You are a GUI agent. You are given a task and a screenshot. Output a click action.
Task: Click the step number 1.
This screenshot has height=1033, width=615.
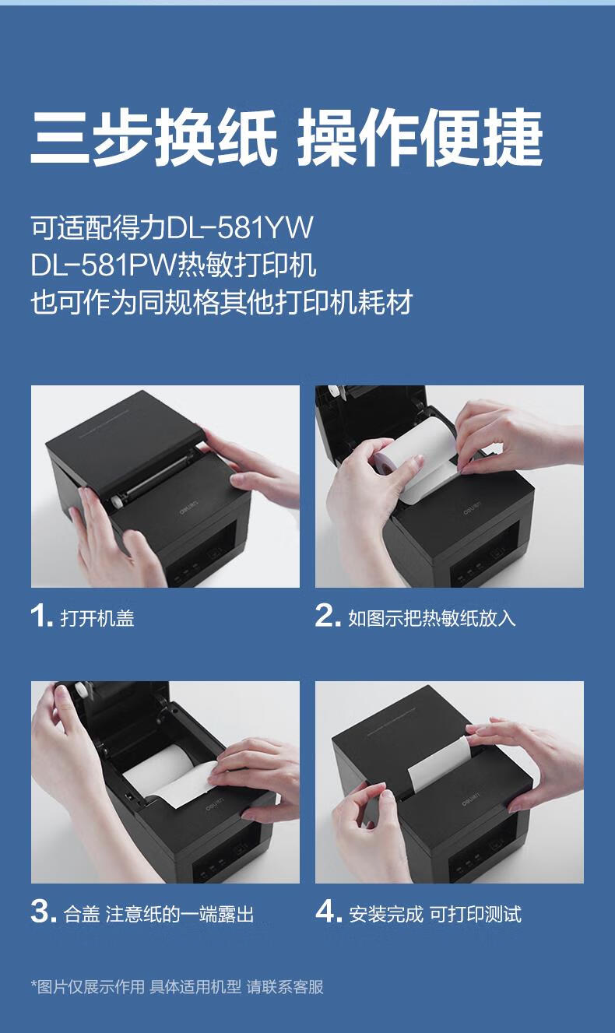point(41,616)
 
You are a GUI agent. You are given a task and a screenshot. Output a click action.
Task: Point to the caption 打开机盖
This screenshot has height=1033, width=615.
point(97,618)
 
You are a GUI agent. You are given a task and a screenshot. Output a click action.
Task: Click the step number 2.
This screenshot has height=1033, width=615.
point(328,616)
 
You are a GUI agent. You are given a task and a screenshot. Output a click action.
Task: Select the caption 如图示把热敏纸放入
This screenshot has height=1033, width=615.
point(431,618)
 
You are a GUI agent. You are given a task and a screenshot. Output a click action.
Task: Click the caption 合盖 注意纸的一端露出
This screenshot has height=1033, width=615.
point(159,914)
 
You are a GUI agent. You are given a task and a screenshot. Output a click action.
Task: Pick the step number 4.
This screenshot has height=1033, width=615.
point(329,912)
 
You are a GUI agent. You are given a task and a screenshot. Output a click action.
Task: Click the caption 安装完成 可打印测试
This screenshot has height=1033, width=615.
point(434,914)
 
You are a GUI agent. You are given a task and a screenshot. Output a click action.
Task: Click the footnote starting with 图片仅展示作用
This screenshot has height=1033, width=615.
point(177,986)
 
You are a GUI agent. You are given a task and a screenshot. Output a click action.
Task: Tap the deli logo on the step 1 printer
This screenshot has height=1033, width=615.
point(188,512)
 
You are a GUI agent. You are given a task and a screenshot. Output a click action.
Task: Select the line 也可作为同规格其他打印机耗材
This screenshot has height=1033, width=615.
point(221,303)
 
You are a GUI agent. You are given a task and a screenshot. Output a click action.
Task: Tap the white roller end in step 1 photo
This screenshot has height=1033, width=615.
point(118,502)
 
